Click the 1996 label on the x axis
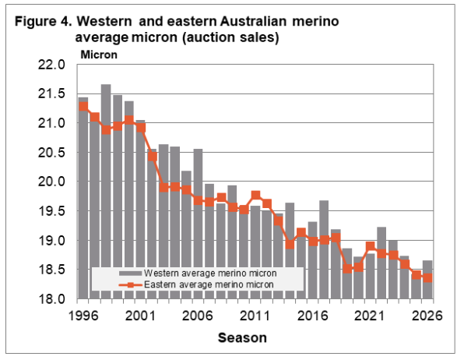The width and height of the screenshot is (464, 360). (83, 316)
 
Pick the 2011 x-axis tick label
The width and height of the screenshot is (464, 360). (255, 316)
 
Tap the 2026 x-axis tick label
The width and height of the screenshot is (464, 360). (427, 316)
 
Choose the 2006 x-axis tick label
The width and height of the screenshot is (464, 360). (198, 316)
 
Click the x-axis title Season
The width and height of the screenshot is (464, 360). (241, 339)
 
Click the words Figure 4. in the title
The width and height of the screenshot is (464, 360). (42, 19)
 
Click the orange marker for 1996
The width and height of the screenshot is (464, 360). (83, 107)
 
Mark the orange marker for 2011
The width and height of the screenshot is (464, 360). (255, 196)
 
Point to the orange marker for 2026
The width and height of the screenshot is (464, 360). (427, 278)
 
